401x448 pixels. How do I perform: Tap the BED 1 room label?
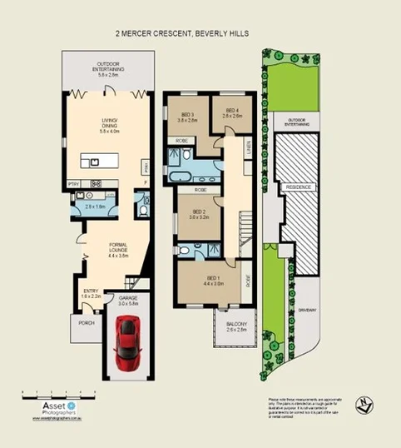pyautogui.click(x=212, y=280)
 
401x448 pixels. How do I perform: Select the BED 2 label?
pyautogui.click(x=199, y=214)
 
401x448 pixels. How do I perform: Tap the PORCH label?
pyautogui.click(x=87, y=322)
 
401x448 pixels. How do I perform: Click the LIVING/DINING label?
pyautogui.click(x=110, y=126)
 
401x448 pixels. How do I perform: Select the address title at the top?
pyautogui.click(x=182, y=33)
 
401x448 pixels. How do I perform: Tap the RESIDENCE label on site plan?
pyautogui.click(x=299, y=187)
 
